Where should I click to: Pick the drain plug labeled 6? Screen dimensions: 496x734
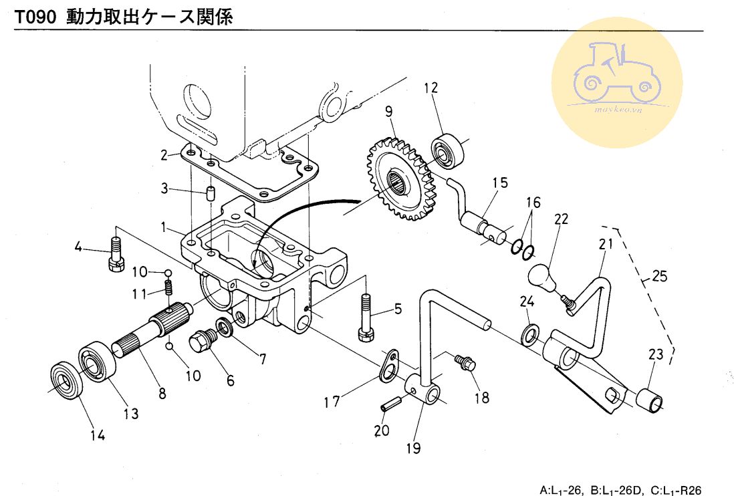(x=202, y=344)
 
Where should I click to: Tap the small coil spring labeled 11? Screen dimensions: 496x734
(x=169, y=289)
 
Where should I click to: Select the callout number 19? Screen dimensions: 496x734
(x=414, y=447)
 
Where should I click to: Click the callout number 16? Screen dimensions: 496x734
(x=533, y=203)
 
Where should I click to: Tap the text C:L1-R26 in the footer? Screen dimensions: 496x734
(x=675, y=490)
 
